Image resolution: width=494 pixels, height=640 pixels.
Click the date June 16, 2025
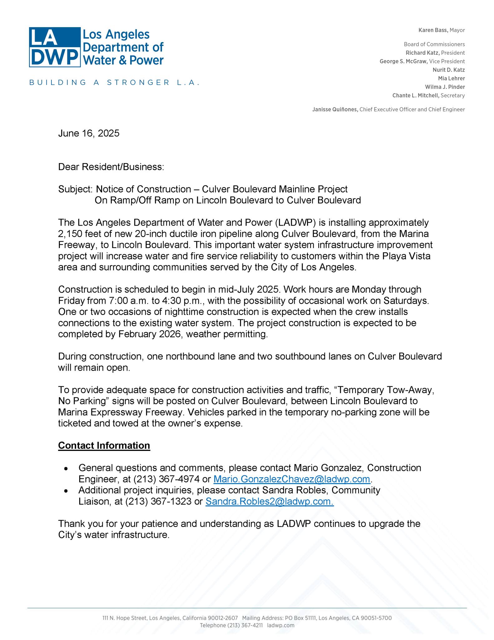[x=89, y=133]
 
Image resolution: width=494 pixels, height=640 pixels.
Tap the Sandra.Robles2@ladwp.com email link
[x=270, y=501]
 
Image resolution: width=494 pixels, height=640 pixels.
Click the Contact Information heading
[x=104, y=445]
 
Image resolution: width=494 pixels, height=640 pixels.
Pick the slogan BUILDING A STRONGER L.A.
[x=114, y=83]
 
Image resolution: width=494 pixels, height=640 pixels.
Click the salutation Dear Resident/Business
[x=111, y=167]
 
